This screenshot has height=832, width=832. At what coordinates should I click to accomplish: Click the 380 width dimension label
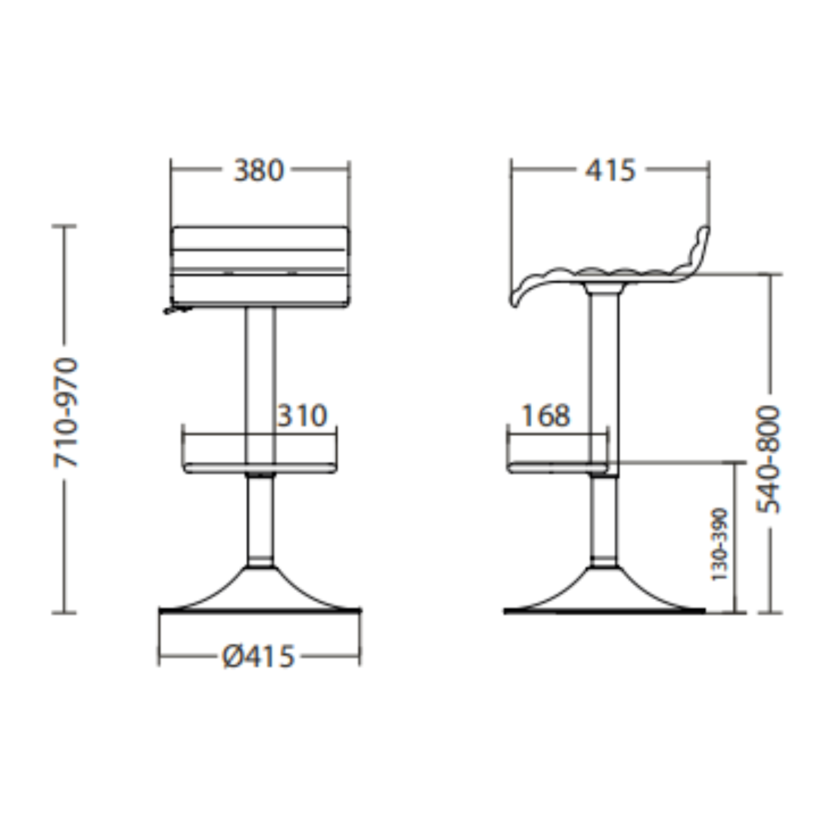(259, 170)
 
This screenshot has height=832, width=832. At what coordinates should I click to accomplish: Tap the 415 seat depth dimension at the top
(609, 170)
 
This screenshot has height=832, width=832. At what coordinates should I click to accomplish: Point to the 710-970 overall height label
(65, 413)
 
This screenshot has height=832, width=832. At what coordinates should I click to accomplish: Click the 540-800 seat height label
(769, 459)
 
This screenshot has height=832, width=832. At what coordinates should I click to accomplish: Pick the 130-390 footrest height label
(719, 544)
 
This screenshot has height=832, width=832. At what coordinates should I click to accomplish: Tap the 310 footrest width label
(302, 415)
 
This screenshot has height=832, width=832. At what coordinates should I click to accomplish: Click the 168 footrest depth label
(546, 415)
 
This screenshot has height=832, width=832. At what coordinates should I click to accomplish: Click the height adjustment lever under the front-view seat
(177, 309)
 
